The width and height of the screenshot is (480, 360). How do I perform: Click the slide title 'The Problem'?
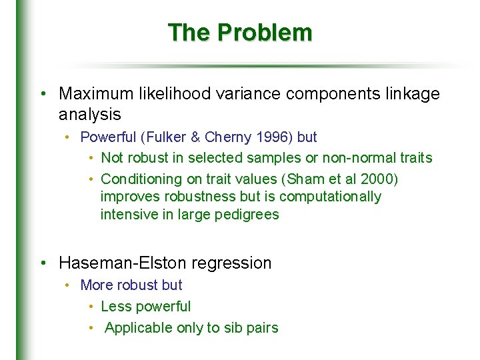tap(239, 32)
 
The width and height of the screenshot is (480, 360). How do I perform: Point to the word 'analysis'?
tap(89, 115)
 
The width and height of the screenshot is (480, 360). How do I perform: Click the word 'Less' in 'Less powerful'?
tap(113, 307)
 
